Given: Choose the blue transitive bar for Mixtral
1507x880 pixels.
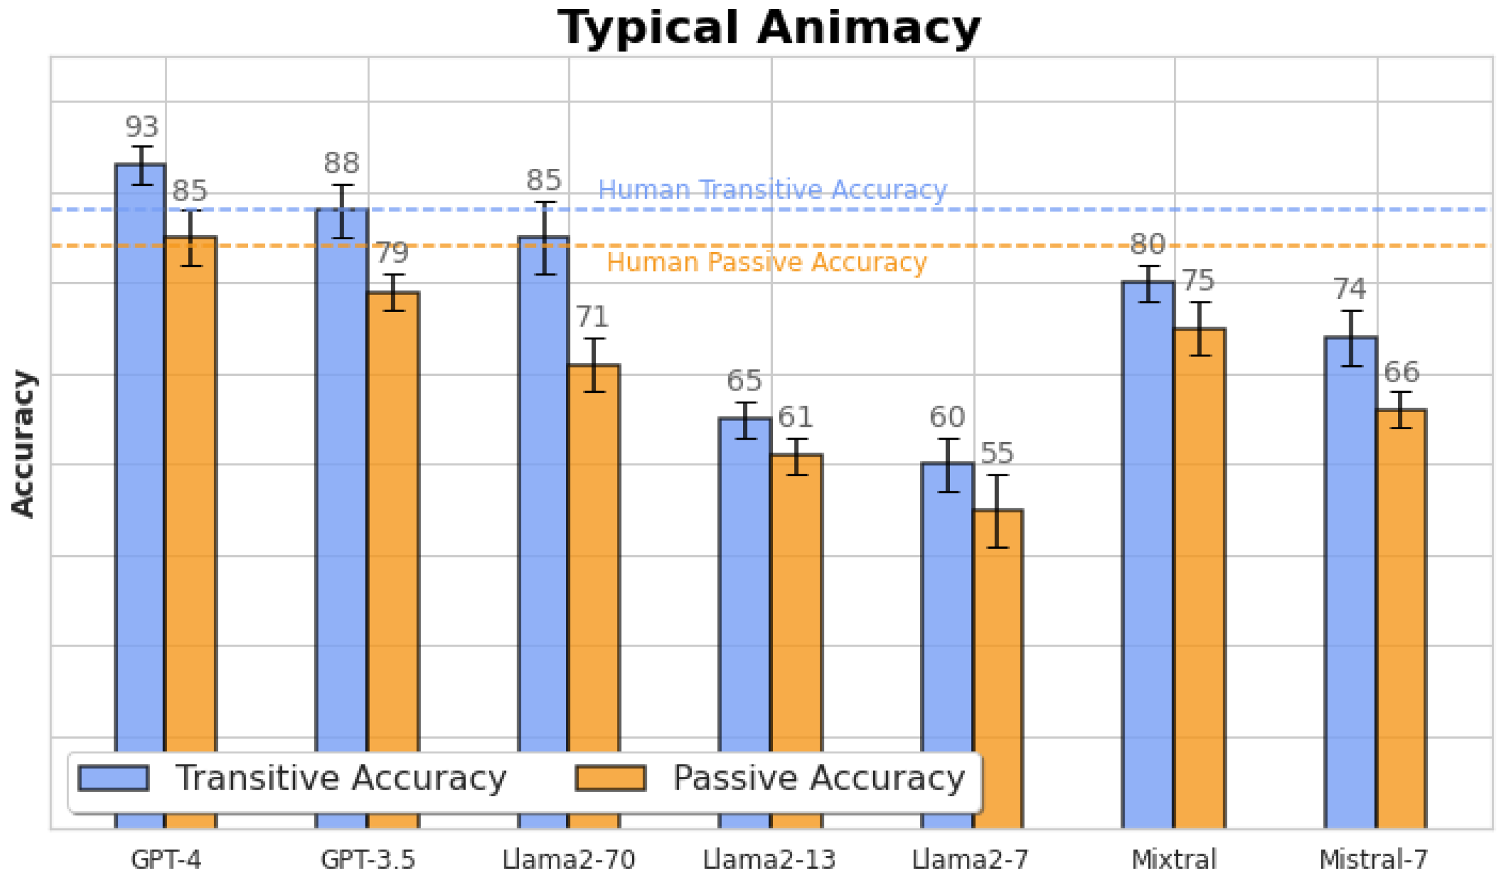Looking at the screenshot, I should (1148, 538).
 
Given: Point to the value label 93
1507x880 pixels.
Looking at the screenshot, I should (142, 127).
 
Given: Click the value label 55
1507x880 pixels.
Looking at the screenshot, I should (997, 453).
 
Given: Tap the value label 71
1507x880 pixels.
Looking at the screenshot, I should (592, 317).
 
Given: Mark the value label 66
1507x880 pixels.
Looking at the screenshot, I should (1401, 372).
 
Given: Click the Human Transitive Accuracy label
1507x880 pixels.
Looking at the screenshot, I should (772, 189).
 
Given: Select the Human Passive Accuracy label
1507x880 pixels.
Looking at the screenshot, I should (766, 263).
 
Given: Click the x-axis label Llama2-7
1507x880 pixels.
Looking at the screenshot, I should (969, 859).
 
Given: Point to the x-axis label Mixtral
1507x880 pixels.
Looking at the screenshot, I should (1174, 859).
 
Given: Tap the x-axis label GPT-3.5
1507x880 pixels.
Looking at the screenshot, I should (368, 859).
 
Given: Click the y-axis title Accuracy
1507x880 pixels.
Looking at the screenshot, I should (24, 444).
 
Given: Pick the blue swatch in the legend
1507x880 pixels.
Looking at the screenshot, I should (113, 779).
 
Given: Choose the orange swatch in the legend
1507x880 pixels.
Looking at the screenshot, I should (610, 779).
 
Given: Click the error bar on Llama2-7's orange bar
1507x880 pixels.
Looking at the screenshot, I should (997, 511).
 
